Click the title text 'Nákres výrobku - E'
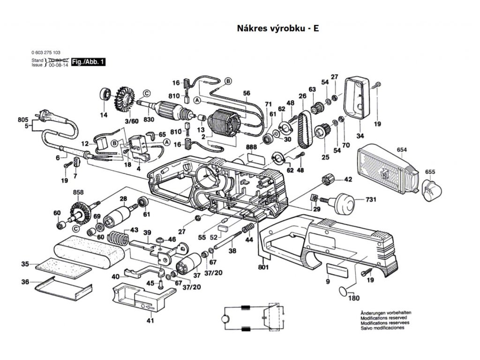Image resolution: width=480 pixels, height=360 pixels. (x=278, y=28)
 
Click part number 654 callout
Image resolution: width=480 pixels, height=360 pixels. (x=401, y=150)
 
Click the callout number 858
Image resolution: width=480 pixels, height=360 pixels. (x=78, y=193)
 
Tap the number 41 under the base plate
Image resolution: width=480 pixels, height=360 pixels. (x=150, y=321)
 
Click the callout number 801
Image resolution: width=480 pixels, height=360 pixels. (x=263, y=268)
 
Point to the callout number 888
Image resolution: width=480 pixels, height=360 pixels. (x=251, y=147)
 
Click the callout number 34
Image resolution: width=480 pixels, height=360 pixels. (x=360, y=136)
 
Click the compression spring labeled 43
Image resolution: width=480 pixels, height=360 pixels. (x=118, y=238)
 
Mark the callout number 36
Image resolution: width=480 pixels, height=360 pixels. (x=25, y=282)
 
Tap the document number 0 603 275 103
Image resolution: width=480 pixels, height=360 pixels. (x=46, y=52)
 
